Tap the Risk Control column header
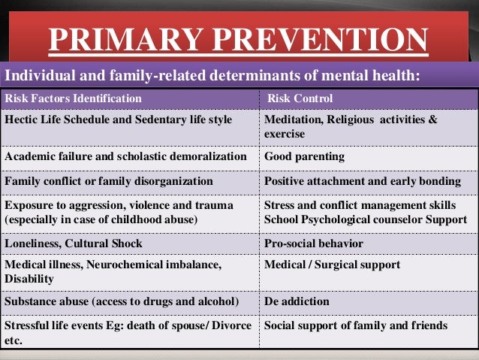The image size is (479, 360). (x=300, y=98)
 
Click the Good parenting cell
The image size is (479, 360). (x=304, y=157)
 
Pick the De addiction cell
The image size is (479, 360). (x=297, y=301)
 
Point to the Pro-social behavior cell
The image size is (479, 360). (x=313, y=244)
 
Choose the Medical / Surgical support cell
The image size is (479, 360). (x=332, y=265)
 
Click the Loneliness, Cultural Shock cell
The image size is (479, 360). (x=74, y=244)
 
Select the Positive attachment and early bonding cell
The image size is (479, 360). (x=362, y=181)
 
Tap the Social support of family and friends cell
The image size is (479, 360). (x=356, y=325)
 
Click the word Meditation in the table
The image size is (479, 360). (x=294, y=119)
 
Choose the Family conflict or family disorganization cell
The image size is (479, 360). (x=109, y=181)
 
